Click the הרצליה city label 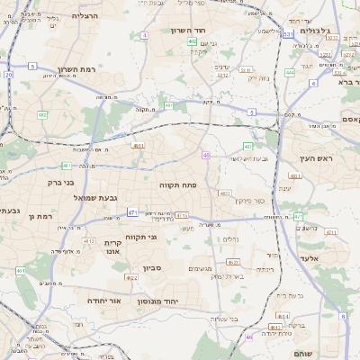(x=85, y=15)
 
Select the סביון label (x=152, y=267)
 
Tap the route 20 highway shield (x=8, y=75)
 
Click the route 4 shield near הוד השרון (x=144, y=35)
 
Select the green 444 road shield (x=290, y=72)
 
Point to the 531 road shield (x=288, y=33)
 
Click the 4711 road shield (x=183, y=215)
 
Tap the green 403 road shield (x=247, y=146)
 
